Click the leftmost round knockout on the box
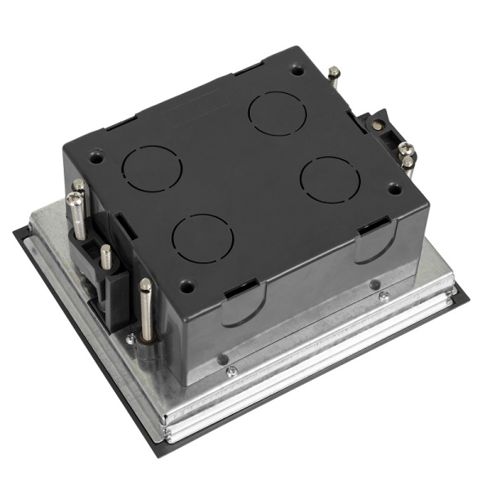click(x=152, y=169)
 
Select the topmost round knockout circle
click(x=277, y=114)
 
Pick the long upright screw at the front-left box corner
click(x=145, y=309)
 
